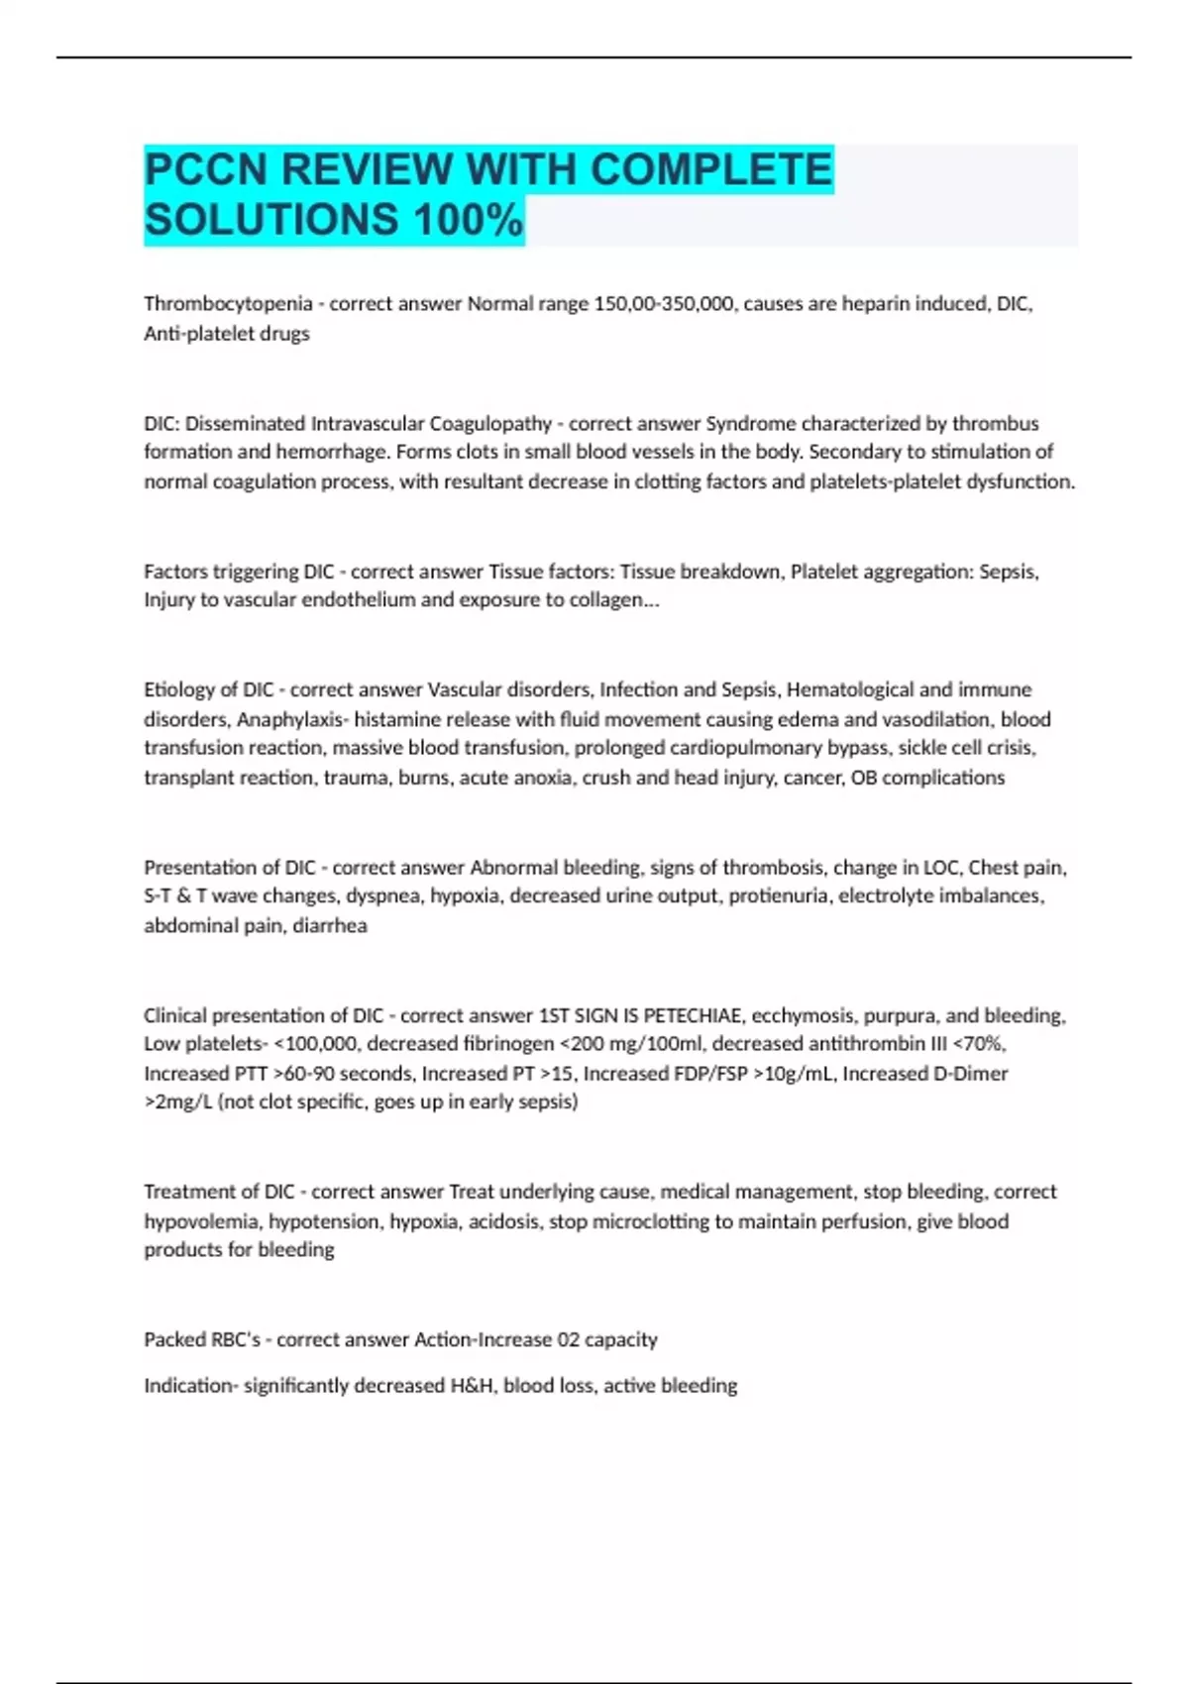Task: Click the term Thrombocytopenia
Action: (x=228, y=304)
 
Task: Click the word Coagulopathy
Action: (x=489, y=424)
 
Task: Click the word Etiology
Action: (x=179, y=689)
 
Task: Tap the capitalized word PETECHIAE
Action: (x=694, y=1015)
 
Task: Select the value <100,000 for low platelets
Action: (x=320, y=1044)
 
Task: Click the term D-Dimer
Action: (x=970, y=1074)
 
